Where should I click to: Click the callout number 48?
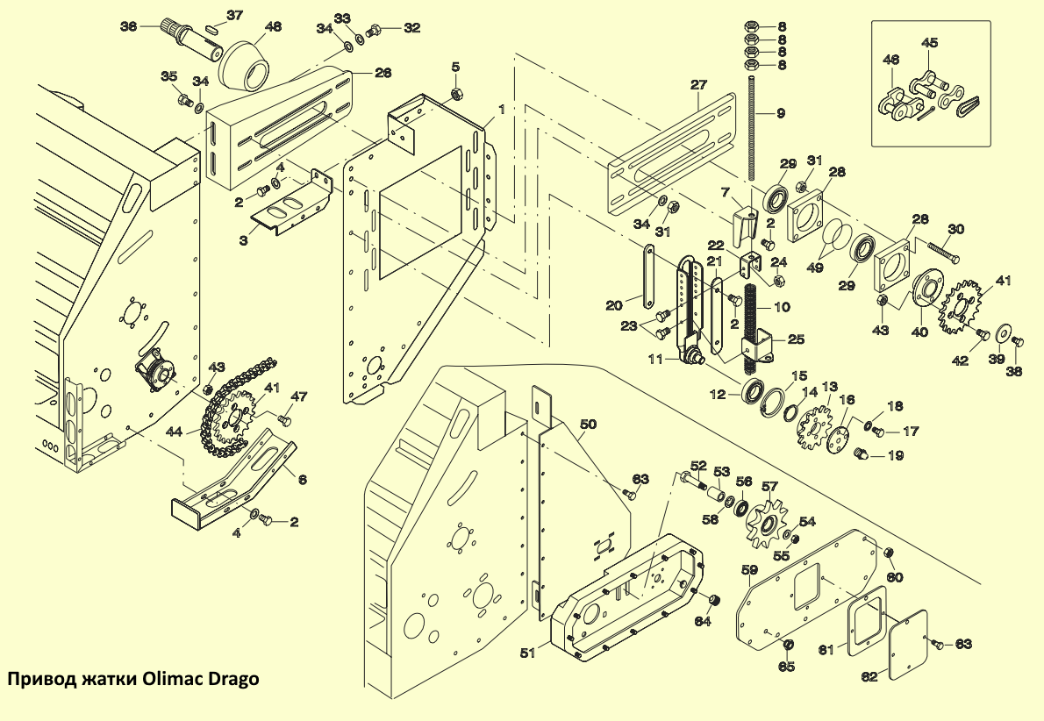tap(273, 27)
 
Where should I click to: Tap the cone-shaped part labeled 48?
tap(243, 64)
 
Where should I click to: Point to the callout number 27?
tap(697, 85)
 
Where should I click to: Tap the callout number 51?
tap(527, 653)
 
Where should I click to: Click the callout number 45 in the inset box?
tap(929, 42)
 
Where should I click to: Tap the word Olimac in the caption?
tap(173, 680)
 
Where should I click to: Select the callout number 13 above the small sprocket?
tap(829, 386)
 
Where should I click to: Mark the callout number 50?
tap(588, 425)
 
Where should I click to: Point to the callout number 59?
tap(749, 570)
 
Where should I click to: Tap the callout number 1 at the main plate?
tap(501, 110)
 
